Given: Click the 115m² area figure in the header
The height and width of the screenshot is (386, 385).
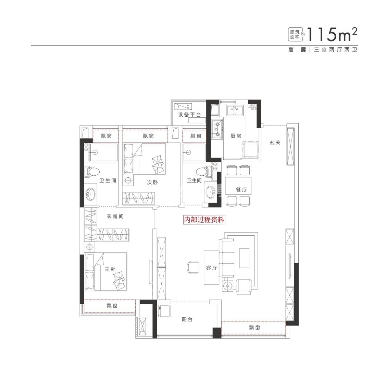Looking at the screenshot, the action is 332,35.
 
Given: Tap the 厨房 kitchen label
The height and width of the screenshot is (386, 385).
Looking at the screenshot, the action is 236,136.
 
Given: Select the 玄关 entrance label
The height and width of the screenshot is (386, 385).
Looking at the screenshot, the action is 275,142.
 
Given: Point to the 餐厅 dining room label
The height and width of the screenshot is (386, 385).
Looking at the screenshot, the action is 241,189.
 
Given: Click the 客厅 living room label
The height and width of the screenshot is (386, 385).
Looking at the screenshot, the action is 212,268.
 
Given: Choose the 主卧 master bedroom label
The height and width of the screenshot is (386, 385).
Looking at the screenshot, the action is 110,269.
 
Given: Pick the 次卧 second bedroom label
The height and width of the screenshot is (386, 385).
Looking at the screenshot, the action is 152,183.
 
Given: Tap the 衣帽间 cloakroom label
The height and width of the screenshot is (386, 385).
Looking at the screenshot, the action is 115,217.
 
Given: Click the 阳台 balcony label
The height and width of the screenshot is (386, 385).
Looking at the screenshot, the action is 187,319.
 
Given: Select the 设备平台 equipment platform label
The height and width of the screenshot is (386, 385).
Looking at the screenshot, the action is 189,115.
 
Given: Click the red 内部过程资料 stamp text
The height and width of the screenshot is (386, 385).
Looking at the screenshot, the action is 204,220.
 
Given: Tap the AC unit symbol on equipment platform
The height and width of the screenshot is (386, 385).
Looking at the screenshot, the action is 183,107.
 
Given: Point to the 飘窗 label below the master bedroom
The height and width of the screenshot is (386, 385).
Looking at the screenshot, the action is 112,306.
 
